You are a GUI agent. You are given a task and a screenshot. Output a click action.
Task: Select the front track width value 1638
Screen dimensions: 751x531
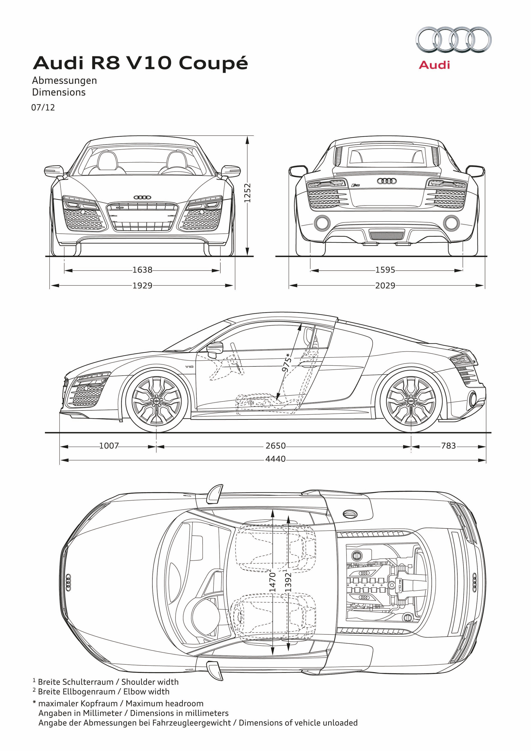pos(142,270)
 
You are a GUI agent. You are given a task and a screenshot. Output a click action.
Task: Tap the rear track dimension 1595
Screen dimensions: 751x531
pos(385,270)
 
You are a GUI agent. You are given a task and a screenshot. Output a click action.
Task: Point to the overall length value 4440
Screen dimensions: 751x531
pos(275,459)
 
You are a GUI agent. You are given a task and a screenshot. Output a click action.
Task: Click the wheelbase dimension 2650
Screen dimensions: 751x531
pos(275,446)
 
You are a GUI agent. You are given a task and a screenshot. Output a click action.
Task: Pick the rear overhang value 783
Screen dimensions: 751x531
pos(448,446)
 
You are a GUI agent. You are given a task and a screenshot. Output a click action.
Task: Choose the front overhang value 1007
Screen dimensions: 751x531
pos(109,446)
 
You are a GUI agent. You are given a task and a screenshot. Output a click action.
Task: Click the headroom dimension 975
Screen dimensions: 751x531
pos(287,363)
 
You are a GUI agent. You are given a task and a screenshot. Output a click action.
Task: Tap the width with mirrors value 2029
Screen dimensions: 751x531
pos(385,285)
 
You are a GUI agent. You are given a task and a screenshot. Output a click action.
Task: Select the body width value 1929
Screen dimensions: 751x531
pos(142,285)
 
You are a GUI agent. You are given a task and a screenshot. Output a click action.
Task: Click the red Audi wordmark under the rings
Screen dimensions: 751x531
pos(434,65)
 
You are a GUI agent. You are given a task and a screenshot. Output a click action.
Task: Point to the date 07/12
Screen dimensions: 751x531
pos(43,108)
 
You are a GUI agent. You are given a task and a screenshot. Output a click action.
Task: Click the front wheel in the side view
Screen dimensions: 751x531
pos(156,401)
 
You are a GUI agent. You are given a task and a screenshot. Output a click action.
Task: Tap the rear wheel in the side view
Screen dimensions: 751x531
pos(411,401)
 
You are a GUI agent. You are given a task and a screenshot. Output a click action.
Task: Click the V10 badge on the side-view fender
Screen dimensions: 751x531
pos(189,367)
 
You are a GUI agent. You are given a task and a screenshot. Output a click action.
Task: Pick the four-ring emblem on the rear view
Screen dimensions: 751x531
pos(387,181)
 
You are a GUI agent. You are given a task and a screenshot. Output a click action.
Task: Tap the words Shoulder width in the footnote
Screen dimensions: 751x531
pos(150,682)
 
